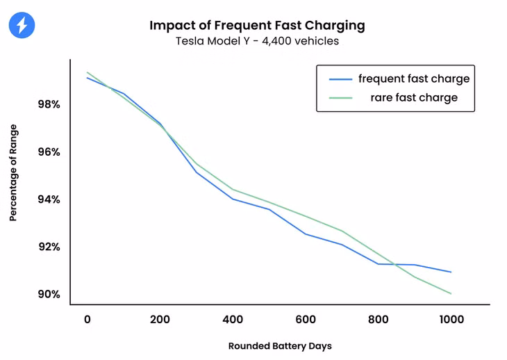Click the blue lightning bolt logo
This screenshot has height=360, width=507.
pyautogui.click(x=22, y=25)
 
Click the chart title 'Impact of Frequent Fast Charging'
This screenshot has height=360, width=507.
pyautogui.click(x=257, y=26)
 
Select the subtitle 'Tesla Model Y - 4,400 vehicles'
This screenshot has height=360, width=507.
pyautogui.click(x=257, y=41)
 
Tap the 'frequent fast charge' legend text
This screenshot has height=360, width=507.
pyautogui.click(x=414, y=79)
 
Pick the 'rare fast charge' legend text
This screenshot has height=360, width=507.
pyautogui.click(x=414, y=97)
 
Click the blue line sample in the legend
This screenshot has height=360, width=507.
pyautogui.click(x=340, y=79)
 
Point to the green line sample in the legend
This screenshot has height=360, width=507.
pyautogui.click(x=340, y=98)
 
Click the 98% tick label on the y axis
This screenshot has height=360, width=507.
pyautogui.click(x=49, y=104)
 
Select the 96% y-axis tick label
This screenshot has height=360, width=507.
pyautogui.click(x=49, y=152)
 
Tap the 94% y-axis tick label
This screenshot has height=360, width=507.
pyautogui.click(x=49, y=199)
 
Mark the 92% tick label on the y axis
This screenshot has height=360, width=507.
pyautogui.click(x=49, y=247)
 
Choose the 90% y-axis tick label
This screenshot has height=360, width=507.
pyautogui.click(x=49, y=294)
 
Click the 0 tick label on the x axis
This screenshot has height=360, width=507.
pyautogui.click(x=88, y=320)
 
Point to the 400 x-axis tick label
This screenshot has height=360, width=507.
pyautogui.click(x=233, y=320)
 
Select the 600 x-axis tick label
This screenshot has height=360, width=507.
pyautogui.click(x=306, y=320)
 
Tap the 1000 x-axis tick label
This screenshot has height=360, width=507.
pyautogui.click(x=451, y=320)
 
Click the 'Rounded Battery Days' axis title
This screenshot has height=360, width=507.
pyautogui.click(x=280, y=346)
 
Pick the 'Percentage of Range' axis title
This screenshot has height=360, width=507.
pyautogui.click(x=13, y=173)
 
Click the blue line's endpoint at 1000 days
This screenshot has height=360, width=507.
pyautogui.click(x=451, y=272)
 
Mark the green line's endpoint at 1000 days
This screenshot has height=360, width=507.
pyautogui.click(x=451, y=294)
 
